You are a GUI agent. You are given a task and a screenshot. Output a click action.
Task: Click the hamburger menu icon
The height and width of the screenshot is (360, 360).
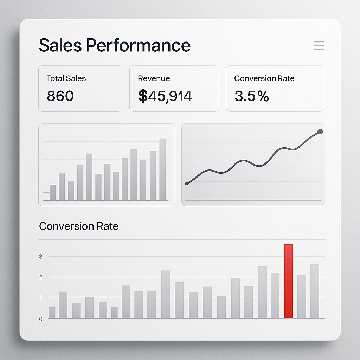[x=319, y=46]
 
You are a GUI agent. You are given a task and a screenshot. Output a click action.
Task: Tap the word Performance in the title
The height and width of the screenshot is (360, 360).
[x=138, y=45]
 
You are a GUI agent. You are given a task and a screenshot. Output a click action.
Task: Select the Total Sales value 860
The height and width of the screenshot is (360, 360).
[x=60, y=96]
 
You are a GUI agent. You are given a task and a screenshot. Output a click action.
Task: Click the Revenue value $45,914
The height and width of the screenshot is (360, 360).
[x=165, y=96]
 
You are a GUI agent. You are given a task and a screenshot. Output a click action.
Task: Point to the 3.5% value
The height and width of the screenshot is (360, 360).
[x=251, y=96]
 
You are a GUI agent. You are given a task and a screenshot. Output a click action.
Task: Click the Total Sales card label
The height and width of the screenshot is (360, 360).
[x=66, y=78]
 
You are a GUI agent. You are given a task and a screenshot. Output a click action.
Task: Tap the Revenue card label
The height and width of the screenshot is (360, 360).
[x=154, y=78]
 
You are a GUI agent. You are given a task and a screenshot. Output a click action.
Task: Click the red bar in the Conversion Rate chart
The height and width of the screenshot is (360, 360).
[x=289, y=281]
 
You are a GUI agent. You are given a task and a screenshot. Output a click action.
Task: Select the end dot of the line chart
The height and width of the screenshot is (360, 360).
[x=320, y=131]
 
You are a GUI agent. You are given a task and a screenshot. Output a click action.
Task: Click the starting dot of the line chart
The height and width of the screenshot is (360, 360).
[x=187, y=184]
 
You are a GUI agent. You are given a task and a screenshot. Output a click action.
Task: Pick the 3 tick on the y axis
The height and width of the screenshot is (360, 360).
[x=41, y=257]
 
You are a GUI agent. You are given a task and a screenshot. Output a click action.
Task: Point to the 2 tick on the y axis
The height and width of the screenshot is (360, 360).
[x=41, y=277]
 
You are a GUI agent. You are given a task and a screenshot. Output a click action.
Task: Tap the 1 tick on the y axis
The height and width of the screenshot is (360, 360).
[x=41, y=298]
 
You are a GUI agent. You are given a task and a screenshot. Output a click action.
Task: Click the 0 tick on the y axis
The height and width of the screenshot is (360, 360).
[x=41, y=319]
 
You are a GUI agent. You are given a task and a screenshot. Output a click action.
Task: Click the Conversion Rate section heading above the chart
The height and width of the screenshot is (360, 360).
[x=79, y=226]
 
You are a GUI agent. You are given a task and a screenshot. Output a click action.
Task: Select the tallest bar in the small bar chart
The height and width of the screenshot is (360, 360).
[x=162, y=169]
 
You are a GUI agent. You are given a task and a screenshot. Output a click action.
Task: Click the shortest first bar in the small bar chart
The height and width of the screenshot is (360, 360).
[x=53, y=192]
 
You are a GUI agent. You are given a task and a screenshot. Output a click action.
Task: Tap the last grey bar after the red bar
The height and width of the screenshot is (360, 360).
[x=314, y=291]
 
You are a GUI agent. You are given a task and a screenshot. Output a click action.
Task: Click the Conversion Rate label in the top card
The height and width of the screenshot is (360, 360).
[x=264, y=78]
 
